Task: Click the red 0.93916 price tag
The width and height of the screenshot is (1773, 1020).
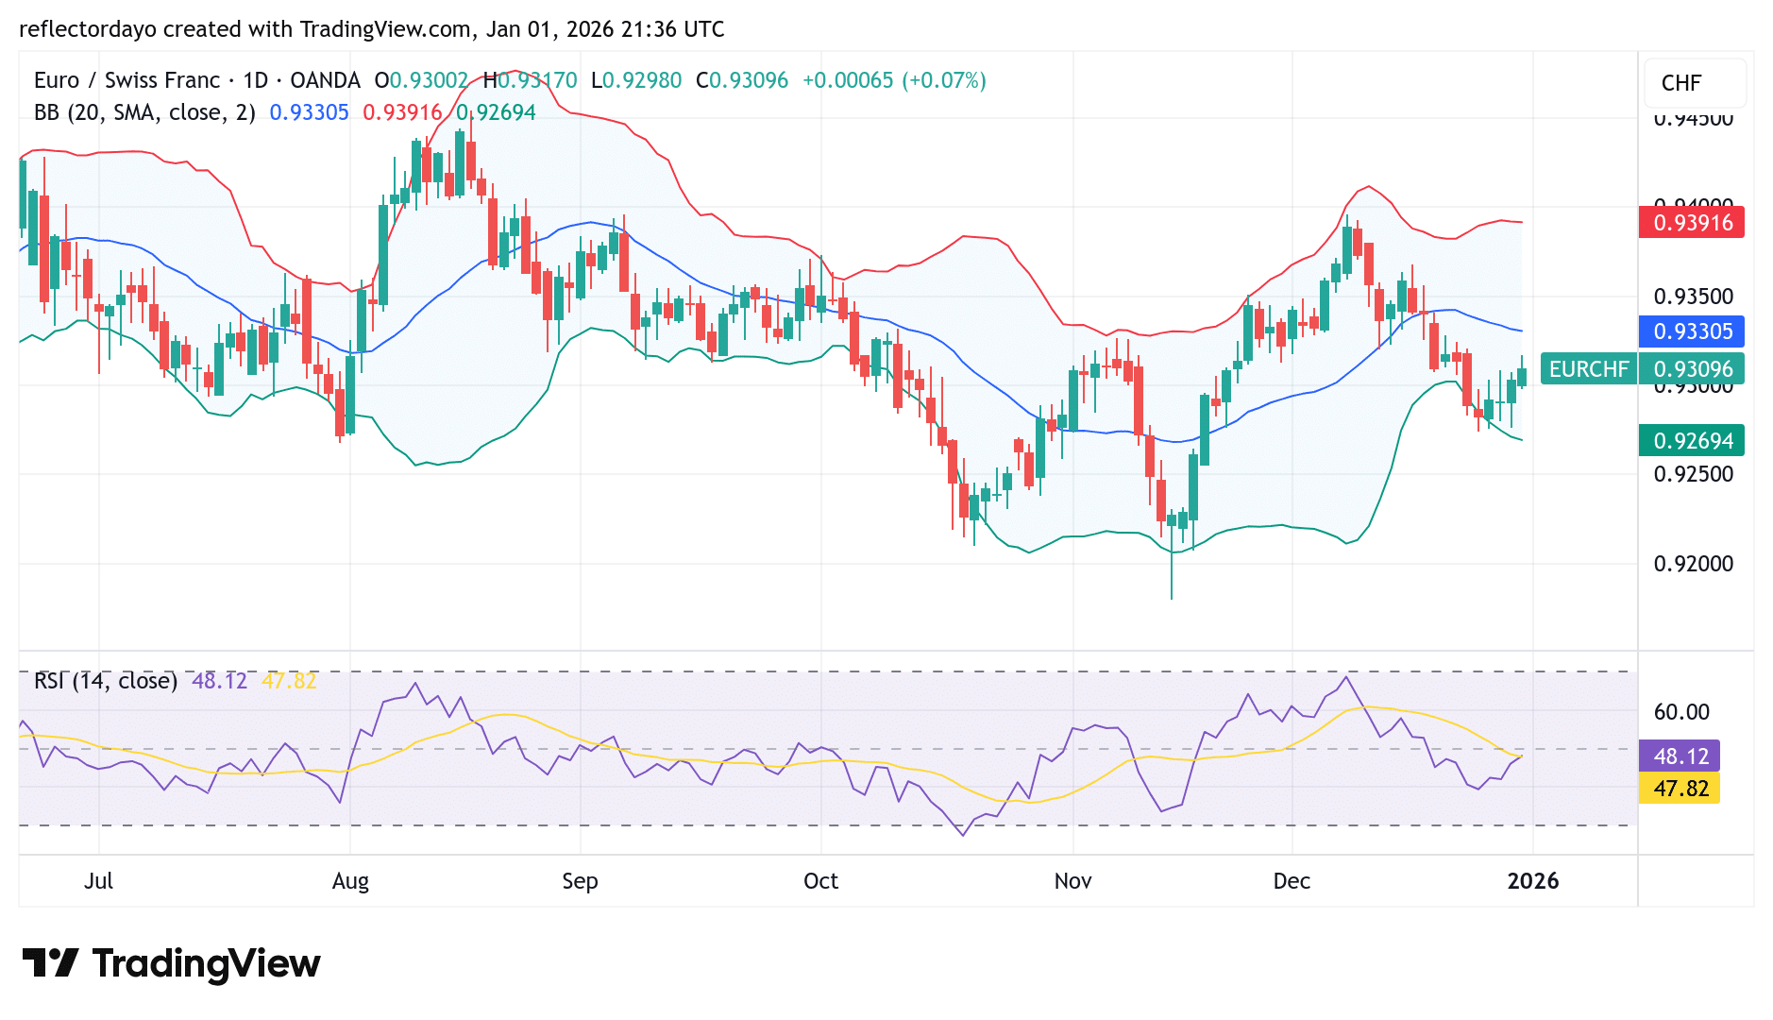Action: (1692, 223)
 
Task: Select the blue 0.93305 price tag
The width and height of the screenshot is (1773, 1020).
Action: (1692, 331)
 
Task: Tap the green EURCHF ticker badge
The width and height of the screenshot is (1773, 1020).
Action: (1589, 368)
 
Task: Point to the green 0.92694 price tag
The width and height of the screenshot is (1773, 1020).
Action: (1692, 441)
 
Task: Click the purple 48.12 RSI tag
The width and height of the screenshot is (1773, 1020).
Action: (1680, 756)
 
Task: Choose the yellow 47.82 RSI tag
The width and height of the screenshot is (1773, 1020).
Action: (1680, 789)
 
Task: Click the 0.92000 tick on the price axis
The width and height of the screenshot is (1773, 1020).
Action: (1693, 564)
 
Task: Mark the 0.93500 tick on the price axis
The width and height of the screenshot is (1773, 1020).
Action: (1693, 297)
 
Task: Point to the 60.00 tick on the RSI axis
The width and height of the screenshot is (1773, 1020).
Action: (1681, 712)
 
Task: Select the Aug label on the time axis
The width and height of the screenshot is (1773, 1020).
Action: (350, 881)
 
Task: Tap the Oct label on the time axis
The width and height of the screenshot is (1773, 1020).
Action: (820, 881)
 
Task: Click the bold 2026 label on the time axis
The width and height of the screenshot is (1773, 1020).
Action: (1532, 881)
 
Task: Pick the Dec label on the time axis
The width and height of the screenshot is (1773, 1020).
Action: (1292, 881)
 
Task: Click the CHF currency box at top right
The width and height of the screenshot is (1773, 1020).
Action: (1681, 83)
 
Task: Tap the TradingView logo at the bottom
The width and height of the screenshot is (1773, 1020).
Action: (172, 963)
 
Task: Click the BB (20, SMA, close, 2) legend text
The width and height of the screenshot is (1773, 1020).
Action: (144, 112)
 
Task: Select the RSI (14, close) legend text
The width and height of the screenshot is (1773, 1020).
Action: (106, 681)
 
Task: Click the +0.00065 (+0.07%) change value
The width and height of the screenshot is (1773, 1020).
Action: (893, 80)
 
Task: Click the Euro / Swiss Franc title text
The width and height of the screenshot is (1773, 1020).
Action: (127, 80)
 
